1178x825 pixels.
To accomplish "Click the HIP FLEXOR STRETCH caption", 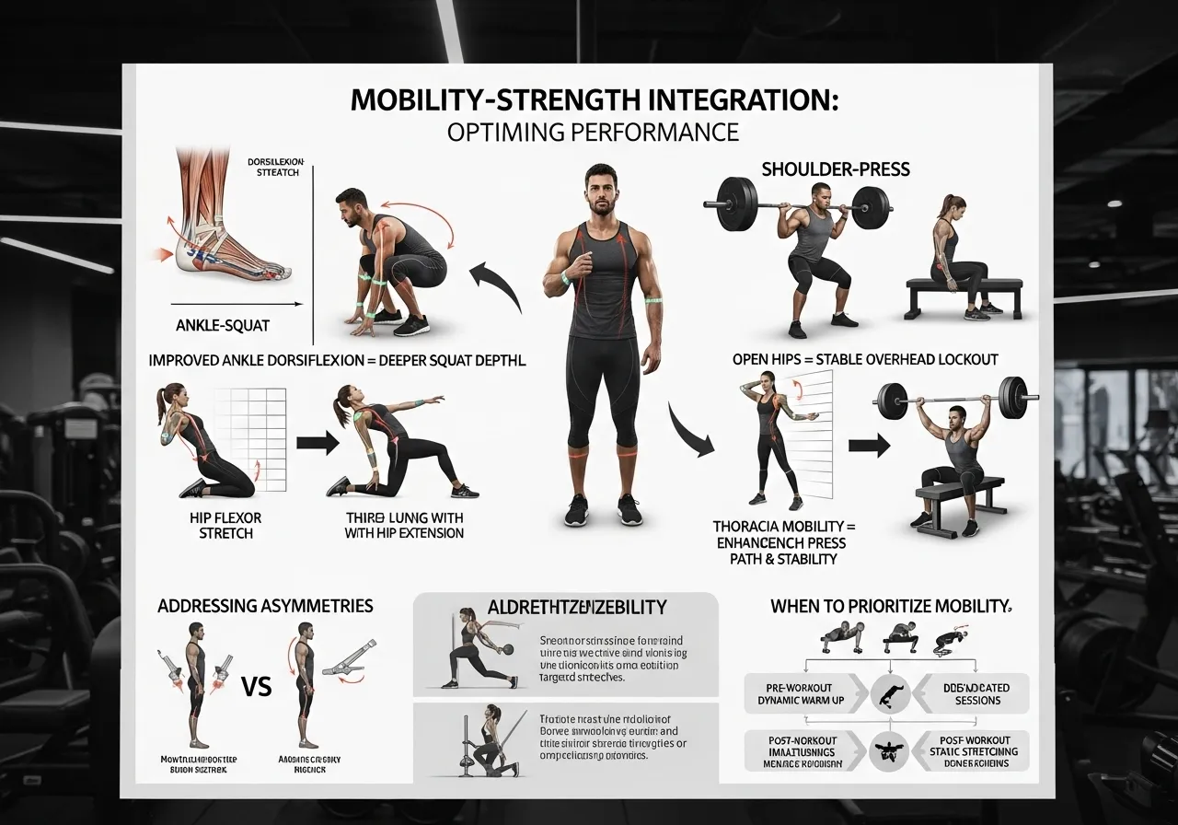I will point(226,526).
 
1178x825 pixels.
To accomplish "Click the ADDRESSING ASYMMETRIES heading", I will point(265,606).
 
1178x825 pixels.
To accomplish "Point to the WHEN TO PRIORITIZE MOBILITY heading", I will point(890,607).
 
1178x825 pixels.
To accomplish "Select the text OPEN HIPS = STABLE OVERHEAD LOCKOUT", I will point(865,359).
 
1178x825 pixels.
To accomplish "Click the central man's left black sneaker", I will point(629,509).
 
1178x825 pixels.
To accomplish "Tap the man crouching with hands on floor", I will point(391,262).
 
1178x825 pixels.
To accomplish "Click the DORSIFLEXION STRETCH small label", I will point(274,166).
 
